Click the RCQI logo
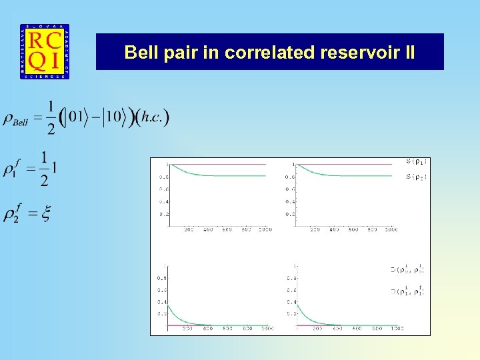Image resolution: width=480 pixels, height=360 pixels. [44, 52]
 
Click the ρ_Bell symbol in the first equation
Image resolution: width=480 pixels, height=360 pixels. [21, 119]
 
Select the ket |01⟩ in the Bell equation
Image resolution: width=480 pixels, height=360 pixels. [77, 118]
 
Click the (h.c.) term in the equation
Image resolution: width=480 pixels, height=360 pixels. [152, 118]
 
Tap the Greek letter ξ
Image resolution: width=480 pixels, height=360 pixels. [46, 213]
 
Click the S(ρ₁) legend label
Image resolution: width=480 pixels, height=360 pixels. [417, 161]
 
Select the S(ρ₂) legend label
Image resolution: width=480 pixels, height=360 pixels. [417, 177]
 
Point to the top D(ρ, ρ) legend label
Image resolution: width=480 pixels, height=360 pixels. [407, 269]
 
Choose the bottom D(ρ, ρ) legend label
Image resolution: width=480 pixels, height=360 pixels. [407, 291]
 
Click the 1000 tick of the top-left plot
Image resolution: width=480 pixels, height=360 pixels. [265, 230]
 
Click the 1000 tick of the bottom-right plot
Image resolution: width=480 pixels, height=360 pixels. [397, 329]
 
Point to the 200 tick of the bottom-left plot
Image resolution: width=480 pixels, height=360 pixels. [187, 329]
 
